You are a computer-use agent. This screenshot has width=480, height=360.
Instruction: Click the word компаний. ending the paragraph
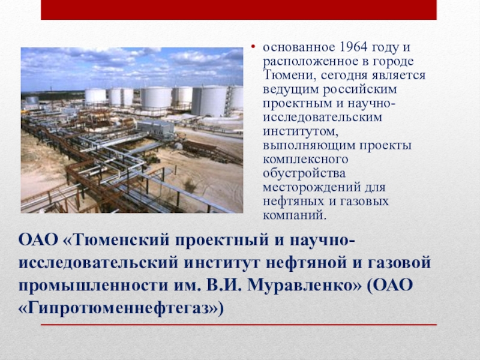[x=296, y=215]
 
